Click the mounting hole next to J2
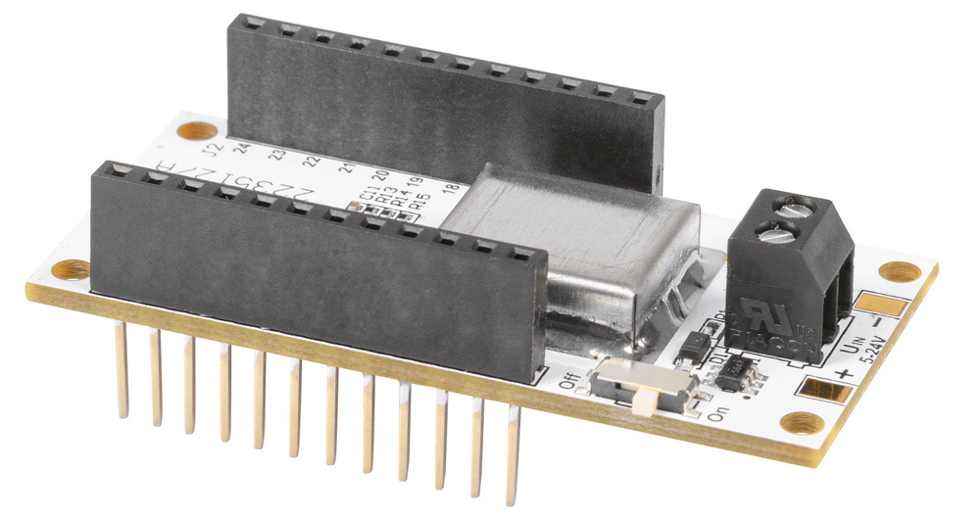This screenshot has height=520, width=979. [198, 130]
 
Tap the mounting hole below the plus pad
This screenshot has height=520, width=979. [806, 423]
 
